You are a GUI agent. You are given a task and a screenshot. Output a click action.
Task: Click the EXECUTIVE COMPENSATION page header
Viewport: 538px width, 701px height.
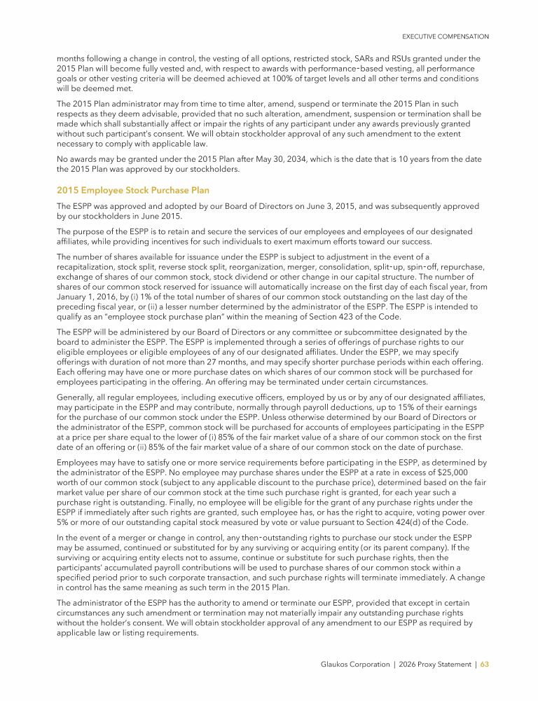click(445, 36)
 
